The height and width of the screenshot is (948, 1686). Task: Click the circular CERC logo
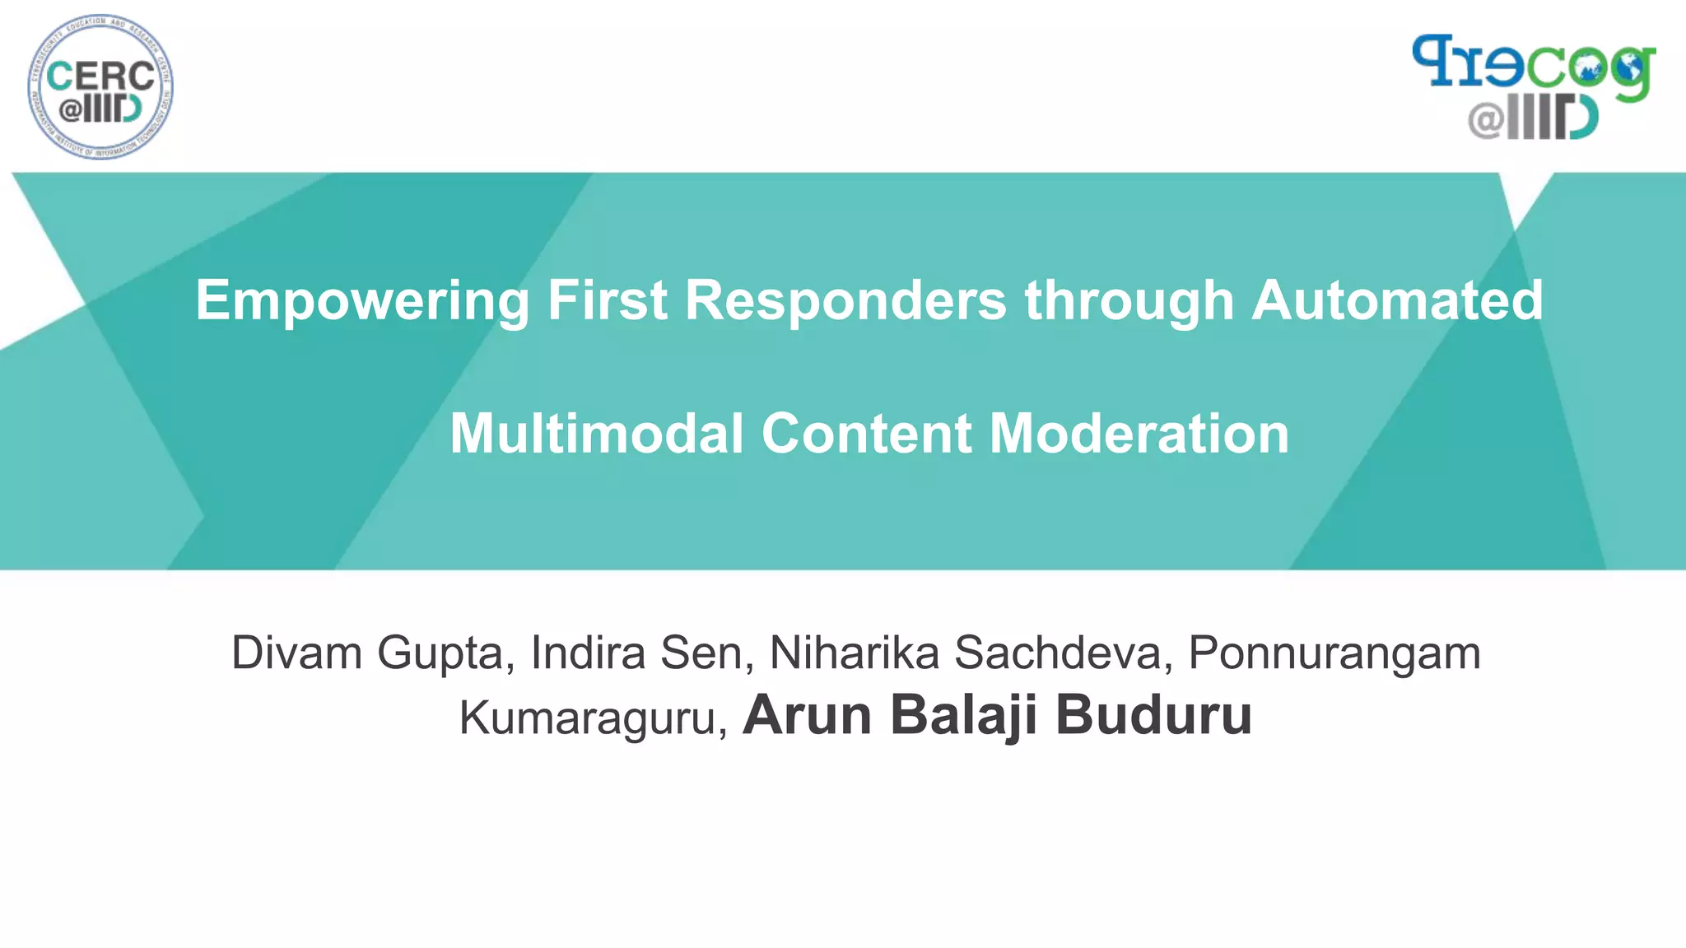coord(100,86)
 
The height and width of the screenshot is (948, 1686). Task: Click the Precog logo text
coord(1533,64)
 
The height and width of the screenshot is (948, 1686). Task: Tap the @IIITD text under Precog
coord(1533,119)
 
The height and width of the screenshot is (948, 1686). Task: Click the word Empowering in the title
coord(362,300)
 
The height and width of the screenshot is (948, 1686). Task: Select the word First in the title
coord(607,300)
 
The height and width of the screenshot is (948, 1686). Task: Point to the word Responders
coord(845,300)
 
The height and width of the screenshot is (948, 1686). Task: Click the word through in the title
coord(1129,300)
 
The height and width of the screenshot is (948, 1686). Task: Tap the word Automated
coord(1397,300)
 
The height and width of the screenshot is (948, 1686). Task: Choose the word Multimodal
coord(597,434)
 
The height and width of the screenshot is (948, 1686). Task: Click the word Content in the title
coord(866,434)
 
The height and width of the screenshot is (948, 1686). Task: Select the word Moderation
coord(1139,434)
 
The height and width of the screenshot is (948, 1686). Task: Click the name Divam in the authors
coord(297,653)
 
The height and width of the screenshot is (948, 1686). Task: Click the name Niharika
coord(854,653)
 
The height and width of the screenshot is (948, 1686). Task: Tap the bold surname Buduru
coord(1153,715)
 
